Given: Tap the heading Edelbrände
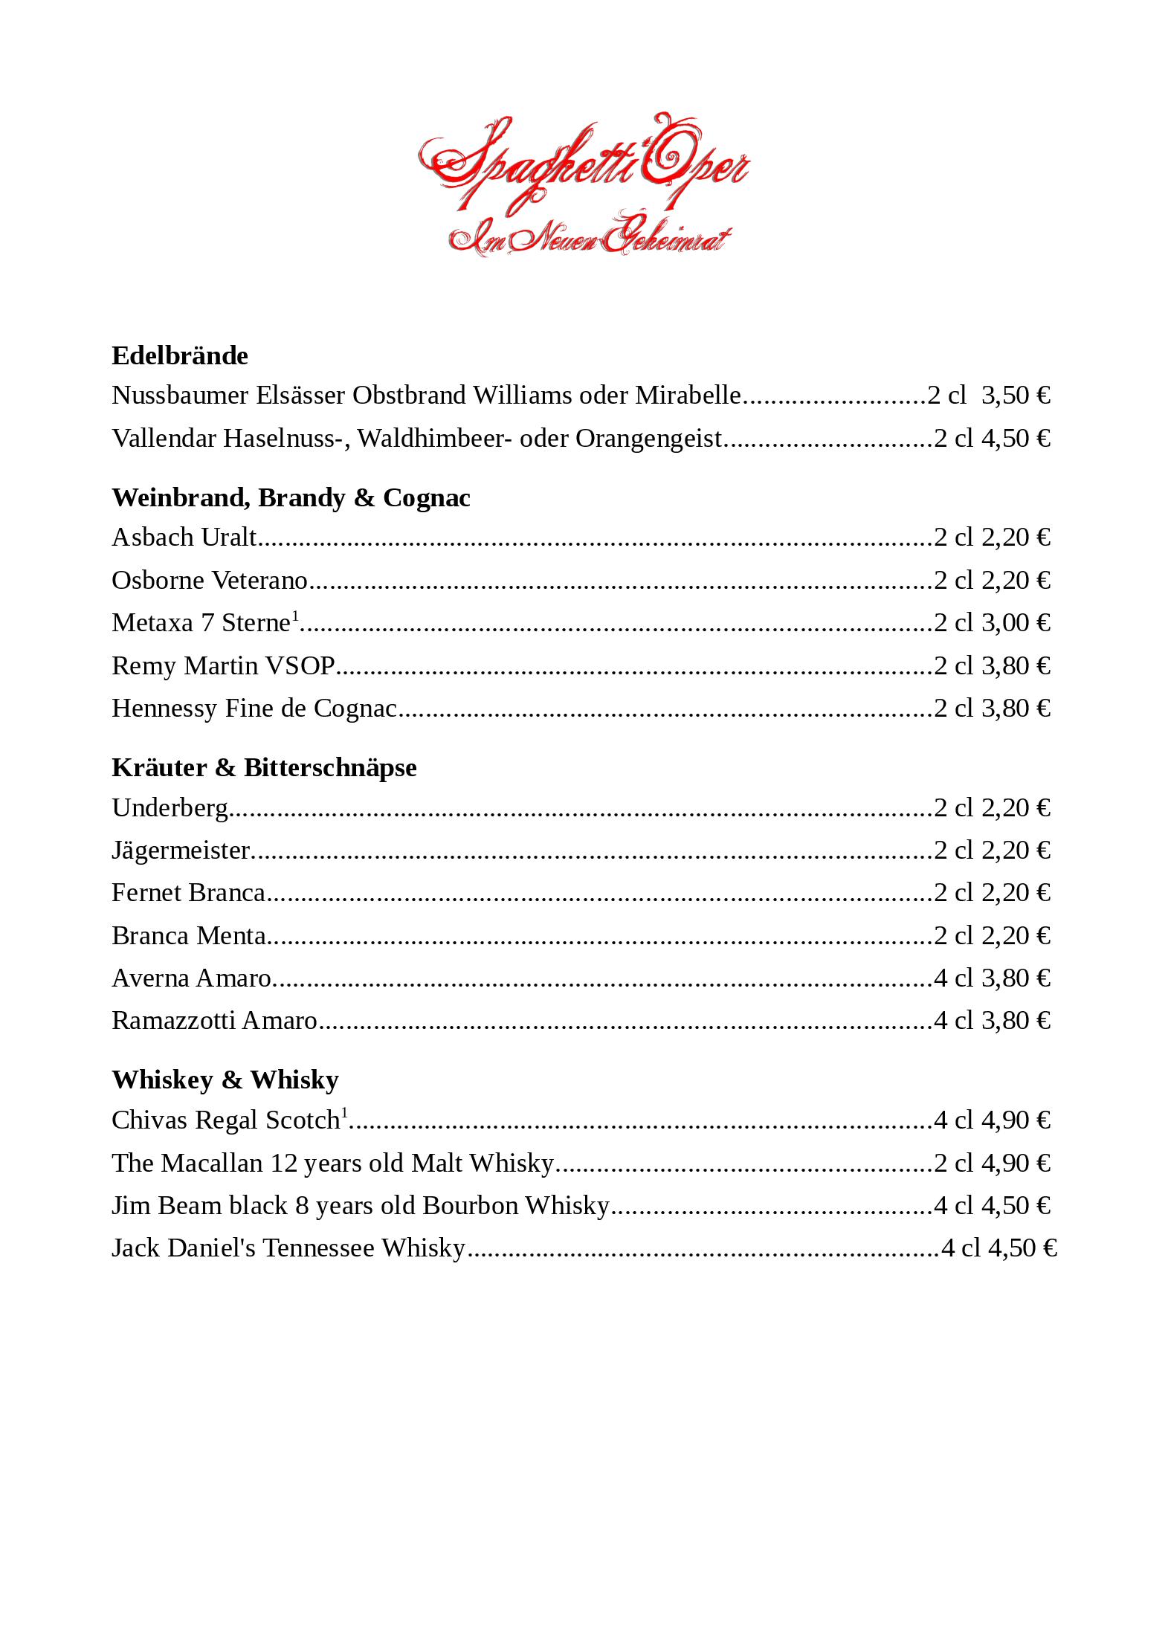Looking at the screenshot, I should coord(180,355).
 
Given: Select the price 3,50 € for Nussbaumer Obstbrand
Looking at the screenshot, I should coord(1016,395).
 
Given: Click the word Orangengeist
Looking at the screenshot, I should coord(648,438).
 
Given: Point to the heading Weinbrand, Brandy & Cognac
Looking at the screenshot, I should coord(291,497).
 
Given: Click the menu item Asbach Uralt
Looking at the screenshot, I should coord(184,537).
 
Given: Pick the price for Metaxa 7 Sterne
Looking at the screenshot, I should coord(1016,622).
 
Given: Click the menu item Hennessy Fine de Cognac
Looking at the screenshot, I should coord(254,708).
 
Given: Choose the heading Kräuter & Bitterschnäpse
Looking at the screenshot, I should coord(264,767).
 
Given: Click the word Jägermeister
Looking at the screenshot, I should coord(181,850).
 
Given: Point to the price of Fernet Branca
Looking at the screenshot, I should coord(1016,892).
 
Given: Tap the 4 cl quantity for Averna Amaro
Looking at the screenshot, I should coord(952,978).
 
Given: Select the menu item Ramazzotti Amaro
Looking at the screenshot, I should coord(214,1020).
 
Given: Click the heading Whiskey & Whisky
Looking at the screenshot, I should coord(225,1080).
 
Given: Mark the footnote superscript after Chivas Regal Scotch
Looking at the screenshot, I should coord(345,1112).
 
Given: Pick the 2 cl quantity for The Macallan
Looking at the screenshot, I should coord(952,1163).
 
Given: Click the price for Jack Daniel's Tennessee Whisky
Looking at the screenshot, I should coord(1022,1248).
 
